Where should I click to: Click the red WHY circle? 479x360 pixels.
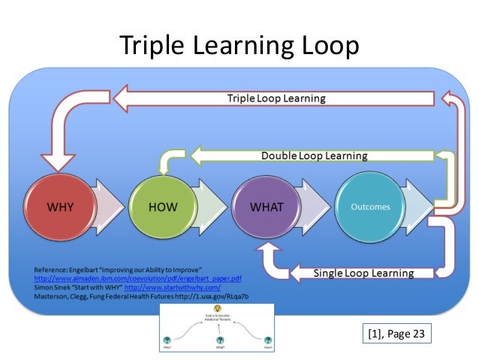[60, 207]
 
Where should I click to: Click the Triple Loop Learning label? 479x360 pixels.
[276, 98]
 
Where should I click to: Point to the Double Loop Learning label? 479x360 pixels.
[314, 156]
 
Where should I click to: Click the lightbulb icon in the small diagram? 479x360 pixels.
[218, 309]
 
